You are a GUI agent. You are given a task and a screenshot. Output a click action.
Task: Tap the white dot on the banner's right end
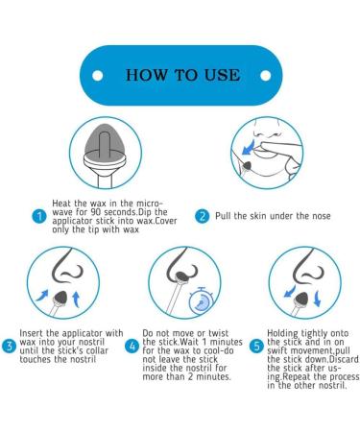265,74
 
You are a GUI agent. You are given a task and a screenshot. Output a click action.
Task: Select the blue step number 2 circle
203,216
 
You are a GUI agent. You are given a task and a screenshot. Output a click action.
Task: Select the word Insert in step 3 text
32,331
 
